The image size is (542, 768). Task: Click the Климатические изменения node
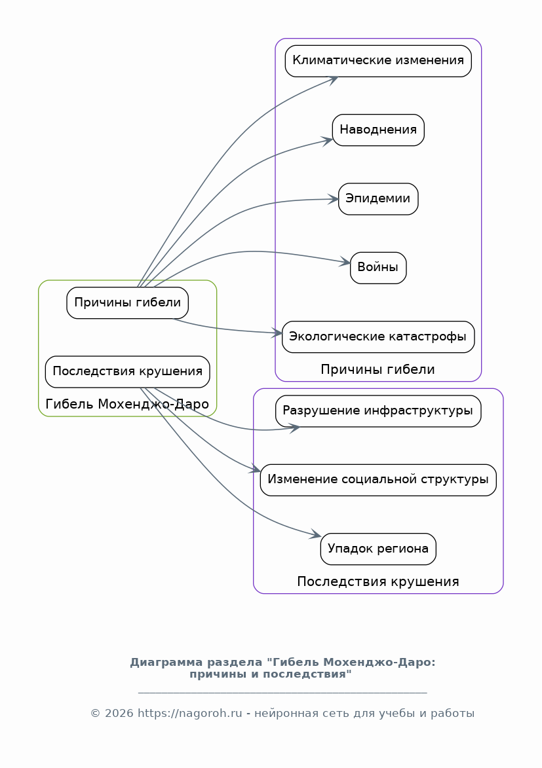[378, 61]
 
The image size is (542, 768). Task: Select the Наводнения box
[378, 130]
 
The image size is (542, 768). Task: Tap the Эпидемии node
[378, 198]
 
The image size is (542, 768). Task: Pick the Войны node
[378, 268]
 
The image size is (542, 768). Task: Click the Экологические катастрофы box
[378, 337]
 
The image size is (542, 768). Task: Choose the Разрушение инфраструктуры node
[378, 411]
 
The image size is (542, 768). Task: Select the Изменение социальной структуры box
[378, 480]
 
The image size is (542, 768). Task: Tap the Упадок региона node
[378, 549]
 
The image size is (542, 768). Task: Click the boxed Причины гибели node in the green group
[128, 302]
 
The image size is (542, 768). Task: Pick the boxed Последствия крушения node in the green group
[128, 371]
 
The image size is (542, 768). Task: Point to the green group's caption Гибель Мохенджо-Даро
[128, 404]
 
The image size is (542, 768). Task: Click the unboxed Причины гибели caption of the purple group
[378, 369]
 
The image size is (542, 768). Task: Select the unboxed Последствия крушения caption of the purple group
[378, 581]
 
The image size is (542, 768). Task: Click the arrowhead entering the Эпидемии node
[335, 199]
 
